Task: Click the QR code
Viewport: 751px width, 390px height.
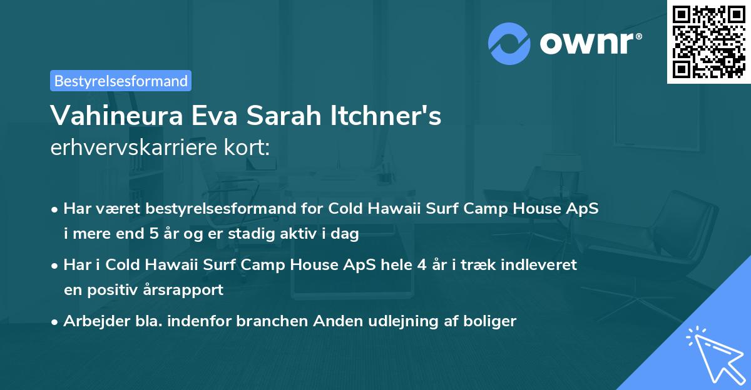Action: [708, 42]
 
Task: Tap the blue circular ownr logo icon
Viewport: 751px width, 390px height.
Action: [509, 43]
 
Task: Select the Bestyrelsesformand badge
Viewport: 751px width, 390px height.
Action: [121, 81]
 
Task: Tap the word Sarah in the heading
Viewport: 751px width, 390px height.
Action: [287, 116]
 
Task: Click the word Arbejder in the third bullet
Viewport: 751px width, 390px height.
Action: [91, 321]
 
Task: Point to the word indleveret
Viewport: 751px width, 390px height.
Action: [539, 264]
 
